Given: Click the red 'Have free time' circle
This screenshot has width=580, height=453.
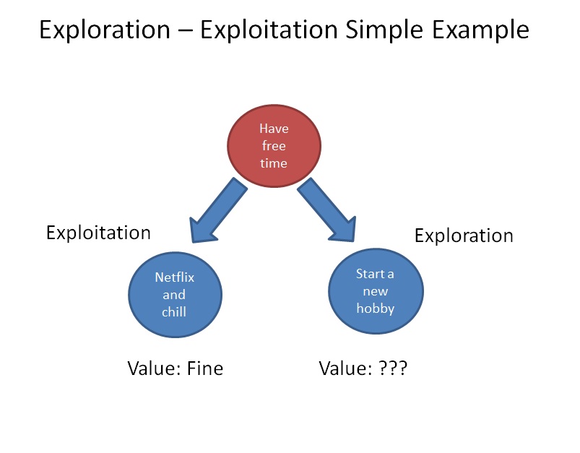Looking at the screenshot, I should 274,147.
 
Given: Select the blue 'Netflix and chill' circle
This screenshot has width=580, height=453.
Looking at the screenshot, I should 175,294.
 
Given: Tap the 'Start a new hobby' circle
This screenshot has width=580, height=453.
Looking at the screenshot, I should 376,290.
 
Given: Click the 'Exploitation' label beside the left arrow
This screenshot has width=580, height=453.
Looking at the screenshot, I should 98,233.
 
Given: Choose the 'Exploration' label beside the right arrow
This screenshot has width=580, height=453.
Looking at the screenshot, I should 464,236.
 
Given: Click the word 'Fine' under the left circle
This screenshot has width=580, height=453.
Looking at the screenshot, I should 205,368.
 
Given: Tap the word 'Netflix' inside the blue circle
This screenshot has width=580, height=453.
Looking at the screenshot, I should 175,277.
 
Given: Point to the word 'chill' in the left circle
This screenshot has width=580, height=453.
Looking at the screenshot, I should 174,312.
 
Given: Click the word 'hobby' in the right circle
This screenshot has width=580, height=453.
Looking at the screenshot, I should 376,309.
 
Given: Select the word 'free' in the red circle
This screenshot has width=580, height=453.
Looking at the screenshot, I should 274,147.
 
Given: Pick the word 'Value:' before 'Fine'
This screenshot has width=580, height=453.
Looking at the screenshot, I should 154,368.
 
